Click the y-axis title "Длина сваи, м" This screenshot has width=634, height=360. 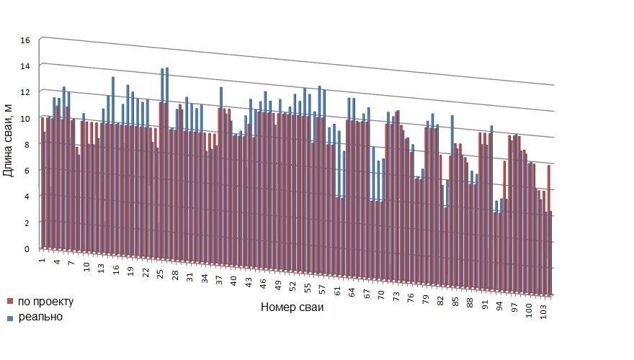point(9,138)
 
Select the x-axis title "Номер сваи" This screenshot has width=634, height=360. point(292,308)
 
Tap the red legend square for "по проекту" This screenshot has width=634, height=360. point(10,301)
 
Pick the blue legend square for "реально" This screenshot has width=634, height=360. point(10,316)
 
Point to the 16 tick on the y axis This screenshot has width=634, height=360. point(24,40)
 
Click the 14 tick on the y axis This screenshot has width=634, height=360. point(24,66)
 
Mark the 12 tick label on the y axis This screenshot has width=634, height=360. point(24,92)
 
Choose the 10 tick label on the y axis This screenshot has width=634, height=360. point(24,118)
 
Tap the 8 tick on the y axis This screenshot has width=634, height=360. point(24,145)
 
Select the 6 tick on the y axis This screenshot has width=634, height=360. point(24,171)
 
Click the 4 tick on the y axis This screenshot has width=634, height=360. point(24,197)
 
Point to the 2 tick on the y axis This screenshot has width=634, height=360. point(24,223)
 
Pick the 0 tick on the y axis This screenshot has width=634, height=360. point(24,249)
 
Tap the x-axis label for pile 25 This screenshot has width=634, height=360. point(161,275)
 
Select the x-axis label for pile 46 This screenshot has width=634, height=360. point(264,283)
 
